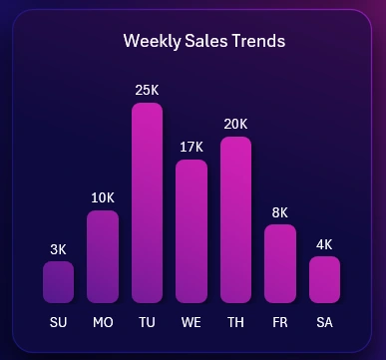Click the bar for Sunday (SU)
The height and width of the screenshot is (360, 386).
[58, 282]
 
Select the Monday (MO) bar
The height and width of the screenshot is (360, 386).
[103, 256]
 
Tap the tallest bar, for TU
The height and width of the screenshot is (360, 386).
[147, 202]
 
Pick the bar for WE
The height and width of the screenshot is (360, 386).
[192, 230]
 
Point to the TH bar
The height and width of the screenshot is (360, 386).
[235, 219]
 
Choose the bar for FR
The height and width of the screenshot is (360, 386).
[280, 263]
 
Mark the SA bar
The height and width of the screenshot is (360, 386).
[324, 279]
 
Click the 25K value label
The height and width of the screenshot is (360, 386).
[147, 91]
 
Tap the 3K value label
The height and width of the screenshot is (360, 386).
[58, 248]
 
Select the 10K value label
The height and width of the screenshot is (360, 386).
[103, 197]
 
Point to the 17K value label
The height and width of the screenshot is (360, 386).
[192, 147]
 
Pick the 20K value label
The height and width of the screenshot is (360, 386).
[235, 124]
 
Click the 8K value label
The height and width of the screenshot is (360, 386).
[280, 211]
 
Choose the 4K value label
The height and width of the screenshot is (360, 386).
[324, 243]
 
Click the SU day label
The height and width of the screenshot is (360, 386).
[58, 322]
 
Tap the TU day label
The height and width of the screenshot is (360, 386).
[147, 322]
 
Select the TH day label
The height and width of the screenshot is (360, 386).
[235, 322]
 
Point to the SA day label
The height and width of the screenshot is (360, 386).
[324, 322]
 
